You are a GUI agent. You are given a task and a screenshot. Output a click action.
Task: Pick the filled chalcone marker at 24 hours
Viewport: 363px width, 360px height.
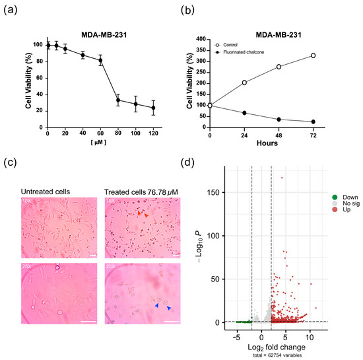(x=244, y=113)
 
